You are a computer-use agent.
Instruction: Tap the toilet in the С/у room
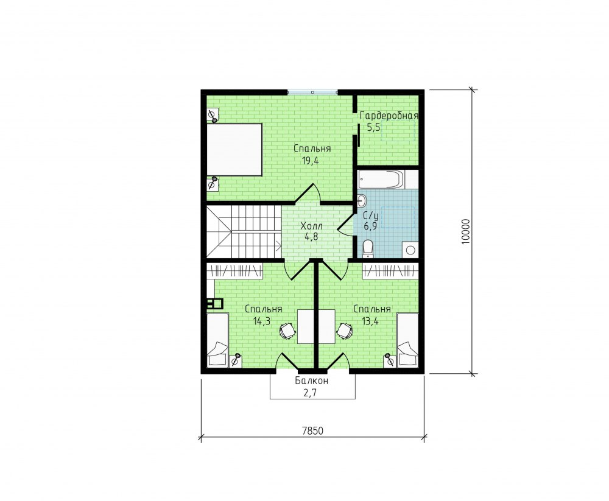pos(367,248)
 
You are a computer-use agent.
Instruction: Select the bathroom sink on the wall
pos(362,201)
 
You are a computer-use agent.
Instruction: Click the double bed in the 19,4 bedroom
pos(234,150)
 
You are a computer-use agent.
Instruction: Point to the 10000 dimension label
pos(466,232)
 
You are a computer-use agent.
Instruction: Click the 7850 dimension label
pos(312,431)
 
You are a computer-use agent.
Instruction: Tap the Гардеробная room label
pos(389,116)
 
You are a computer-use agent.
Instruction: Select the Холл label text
pos(311,226)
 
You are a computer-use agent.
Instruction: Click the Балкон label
pos(311,380)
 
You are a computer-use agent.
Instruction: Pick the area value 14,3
pos(262,321)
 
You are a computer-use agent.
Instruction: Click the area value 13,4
pos(370,321)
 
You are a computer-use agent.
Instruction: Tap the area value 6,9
pos(370,226)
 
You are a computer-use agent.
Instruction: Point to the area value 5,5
pos(373,127)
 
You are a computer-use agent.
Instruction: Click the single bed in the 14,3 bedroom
pos(217,340)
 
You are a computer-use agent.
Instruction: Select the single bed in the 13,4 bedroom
pos(407,340)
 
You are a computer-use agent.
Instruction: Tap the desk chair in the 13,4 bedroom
pos(345,331)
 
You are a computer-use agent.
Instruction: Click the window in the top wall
pos(312,92)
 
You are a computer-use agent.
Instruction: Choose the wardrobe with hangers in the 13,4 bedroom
pos(391,270)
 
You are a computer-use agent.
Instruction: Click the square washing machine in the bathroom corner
pos(410,250)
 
